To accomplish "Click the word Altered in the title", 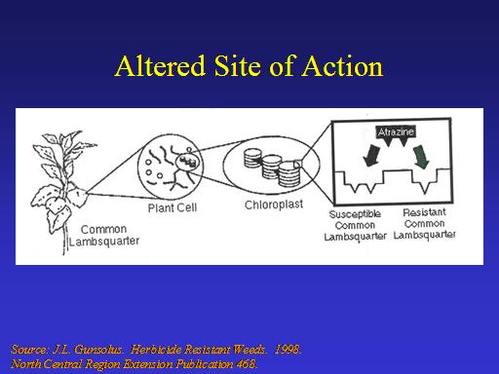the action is (x=160, y=66).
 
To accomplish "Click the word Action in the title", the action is (x=343, y=66).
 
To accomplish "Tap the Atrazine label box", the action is (x=396, y=131).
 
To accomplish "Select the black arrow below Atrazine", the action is (x=371, y=156).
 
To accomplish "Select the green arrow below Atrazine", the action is (x=421, y=157).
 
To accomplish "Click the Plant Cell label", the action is (x=173, y=207).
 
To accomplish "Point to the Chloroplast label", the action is (x=274, y=205).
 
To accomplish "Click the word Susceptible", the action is (x=355, y=214).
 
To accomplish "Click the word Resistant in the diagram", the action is (x=424, y=212).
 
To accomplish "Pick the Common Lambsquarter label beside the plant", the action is (x=104, y=235).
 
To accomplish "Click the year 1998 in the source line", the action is (x=287, y=350).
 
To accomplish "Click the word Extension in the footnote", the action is (x=148, y=364).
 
